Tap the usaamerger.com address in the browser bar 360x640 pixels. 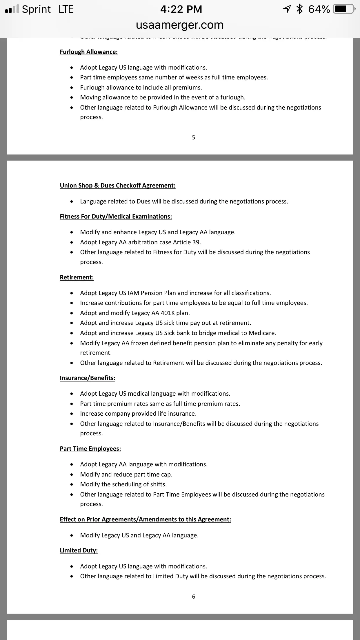click(x=180, y=25)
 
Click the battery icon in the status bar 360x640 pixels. click(x=344, y=9)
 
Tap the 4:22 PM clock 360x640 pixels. click(x=181, y=9)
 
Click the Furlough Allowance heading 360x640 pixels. click(x=89, y=52)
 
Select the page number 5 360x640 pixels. click(x=194, y=138)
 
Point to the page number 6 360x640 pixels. click(x=194, y=597)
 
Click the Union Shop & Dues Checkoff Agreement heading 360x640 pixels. click(x=118, y=186)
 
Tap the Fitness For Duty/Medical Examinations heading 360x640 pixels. click(x=116, y=217)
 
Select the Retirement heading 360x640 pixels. click(x=77, y=277)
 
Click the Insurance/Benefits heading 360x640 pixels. click(x=88, y=378)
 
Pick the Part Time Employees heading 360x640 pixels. click(x=90, y=449)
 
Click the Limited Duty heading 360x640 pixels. click(x=79, y=550)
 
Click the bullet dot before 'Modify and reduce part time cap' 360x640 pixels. click(x=72, y=475)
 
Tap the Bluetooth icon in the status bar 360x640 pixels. click(x=299, y=9)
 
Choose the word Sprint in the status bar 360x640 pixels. click(x=36, y=9)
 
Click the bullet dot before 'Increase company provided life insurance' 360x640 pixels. click(x=72, y=414)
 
